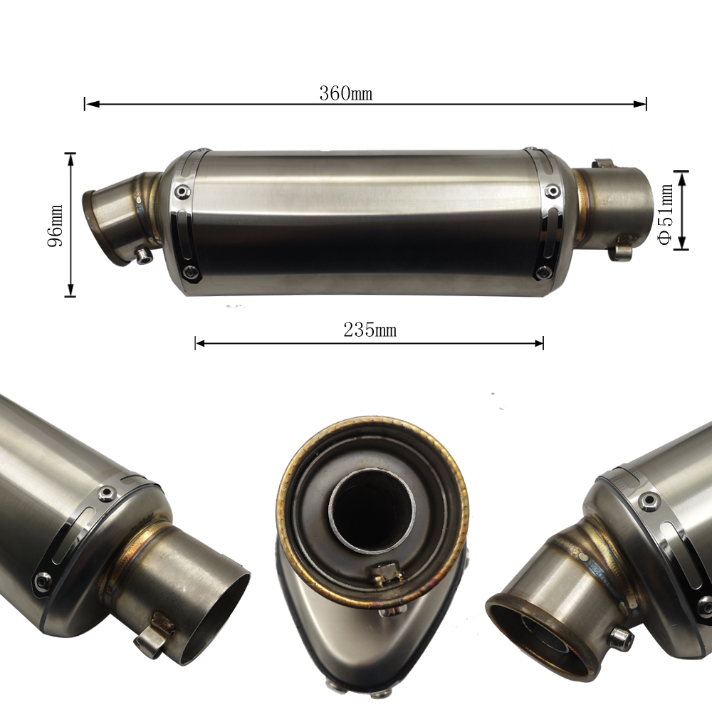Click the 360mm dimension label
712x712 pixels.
coord(345,93)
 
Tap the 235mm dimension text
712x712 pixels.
coord(370,330)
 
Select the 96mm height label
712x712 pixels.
coord(56,226)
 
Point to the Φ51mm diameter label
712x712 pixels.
coord(666,214)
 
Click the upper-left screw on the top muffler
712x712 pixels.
coord(183,192)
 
